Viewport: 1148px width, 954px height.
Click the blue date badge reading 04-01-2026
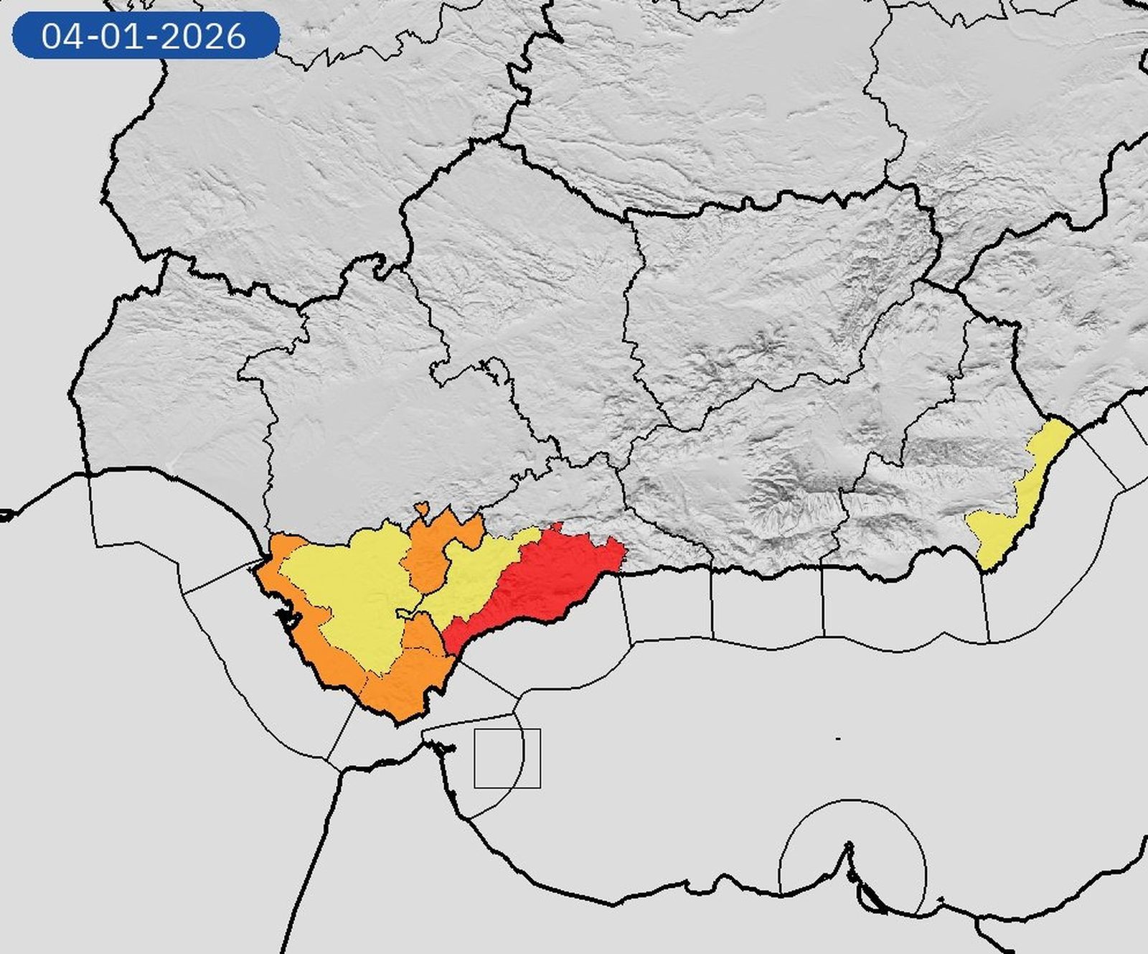pos(145,35)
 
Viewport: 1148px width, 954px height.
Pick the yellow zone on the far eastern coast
pos(1019,502)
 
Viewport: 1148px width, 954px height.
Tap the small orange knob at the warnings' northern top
pos(422,509)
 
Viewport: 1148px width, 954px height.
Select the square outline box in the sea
pos(507,758)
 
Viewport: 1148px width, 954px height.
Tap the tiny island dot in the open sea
pos(838,739)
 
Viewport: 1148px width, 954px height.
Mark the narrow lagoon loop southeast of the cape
pos(872,897)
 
